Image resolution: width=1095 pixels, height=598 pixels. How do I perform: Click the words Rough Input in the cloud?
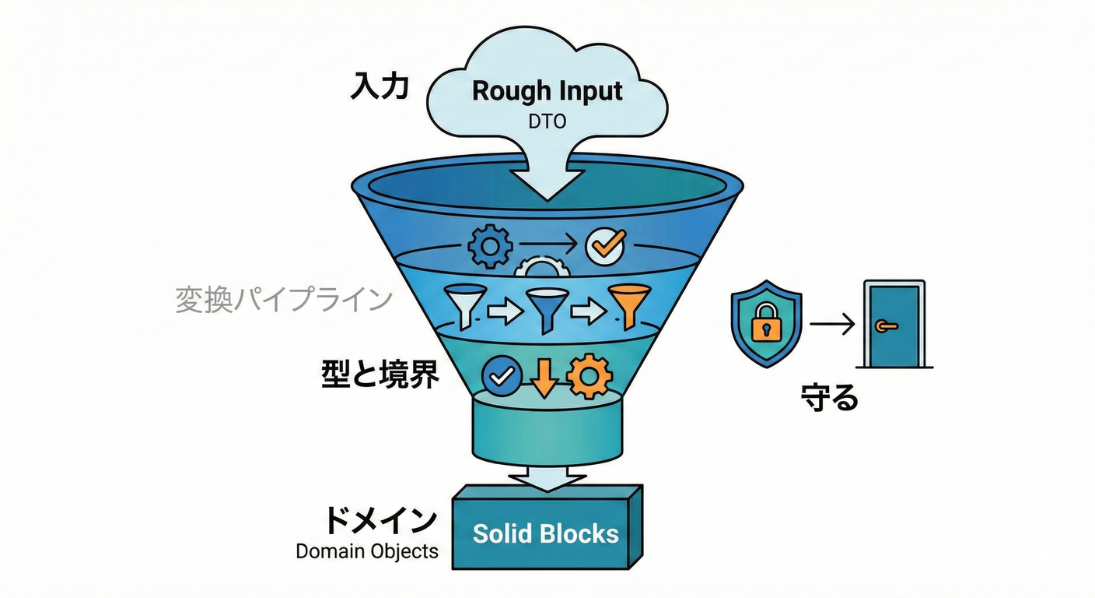(547, 91)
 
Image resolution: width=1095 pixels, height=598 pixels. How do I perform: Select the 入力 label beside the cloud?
(380, 86)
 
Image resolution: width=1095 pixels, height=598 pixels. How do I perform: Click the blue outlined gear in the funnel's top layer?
(490, 246)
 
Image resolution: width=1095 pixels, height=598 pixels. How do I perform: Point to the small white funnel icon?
(465, 304)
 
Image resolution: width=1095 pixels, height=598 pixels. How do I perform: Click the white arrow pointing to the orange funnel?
(587, 311)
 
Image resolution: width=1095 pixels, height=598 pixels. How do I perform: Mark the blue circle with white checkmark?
(502, 377)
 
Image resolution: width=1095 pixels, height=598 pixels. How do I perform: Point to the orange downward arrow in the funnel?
(544, 377)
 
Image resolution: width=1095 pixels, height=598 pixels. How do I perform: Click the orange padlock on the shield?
(766, 325)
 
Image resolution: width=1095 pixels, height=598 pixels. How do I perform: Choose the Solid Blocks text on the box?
(546, 533)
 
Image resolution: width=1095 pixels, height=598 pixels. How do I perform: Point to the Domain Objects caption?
(367, 552)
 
